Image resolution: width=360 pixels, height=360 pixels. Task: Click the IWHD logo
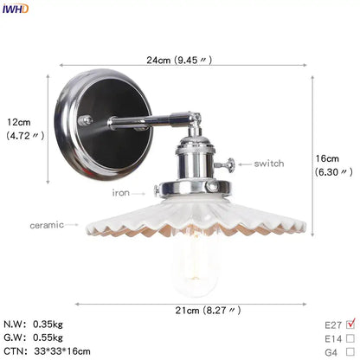tap(16, 9)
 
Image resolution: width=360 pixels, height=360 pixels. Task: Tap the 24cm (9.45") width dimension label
tap(179, 60)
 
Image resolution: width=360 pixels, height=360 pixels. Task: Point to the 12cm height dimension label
tap(25, 129)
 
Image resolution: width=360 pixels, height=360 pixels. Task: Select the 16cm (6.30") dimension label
tap(333, 165)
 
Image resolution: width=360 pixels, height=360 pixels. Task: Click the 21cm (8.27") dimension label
tap(208, 311)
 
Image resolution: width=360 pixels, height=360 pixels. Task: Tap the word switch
tap(269, 164)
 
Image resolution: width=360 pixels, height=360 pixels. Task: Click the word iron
tap(121, 192)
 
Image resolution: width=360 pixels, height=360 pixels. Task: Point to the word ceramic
tap(47, 225)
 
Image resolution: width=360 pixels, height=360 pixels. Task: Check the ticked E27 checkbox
tap(350, 324)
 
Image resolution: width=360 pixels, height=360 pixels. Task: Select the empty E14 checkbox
tap(350, 338)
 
